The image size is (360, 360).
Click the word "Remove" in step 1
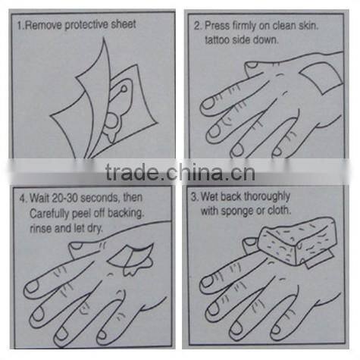click(43, 25)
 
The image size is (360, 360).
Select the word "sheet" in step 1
click(124, 24)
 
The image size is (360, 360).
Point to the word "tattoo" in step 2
click(217, 40)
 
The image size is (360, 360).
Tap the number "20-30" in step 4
click(64, 198)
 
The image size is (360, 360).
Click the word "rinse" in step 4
click(41, 229)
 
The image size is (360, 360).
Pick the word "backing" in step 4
click(126, 214)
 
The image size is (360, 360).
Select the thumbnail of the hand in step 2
click(252, 65)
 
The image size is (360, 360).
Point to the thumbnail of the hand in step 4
click(76, 246)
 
